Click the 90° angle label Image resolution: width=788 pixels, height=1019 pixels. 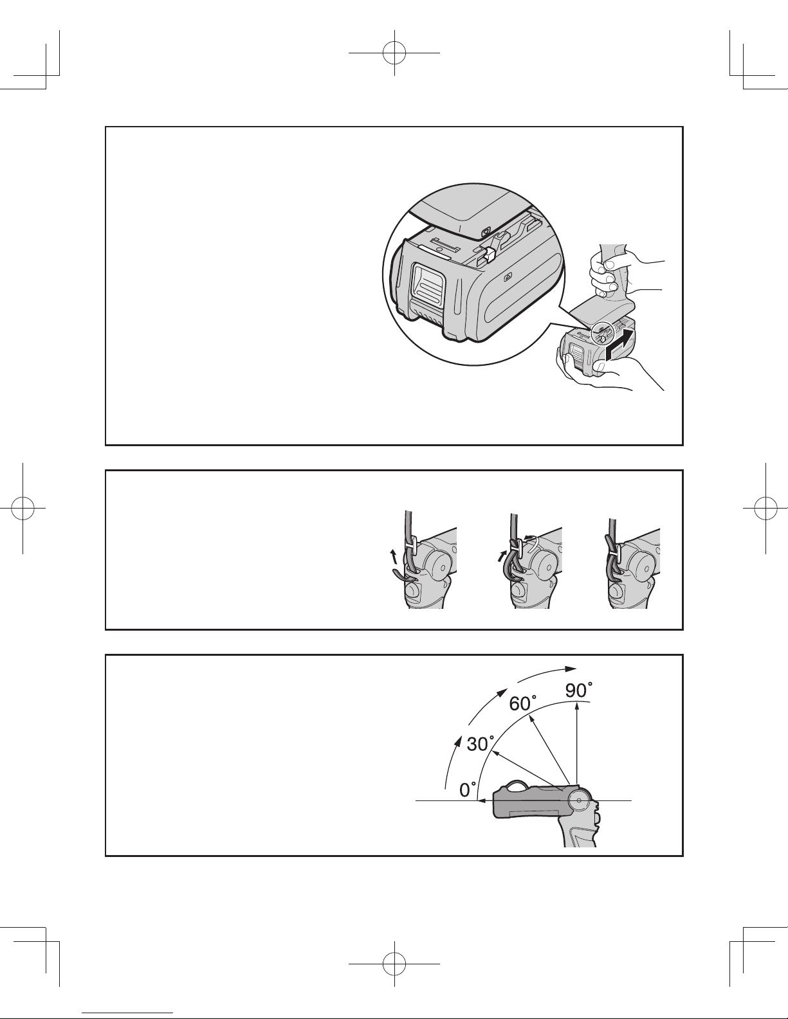coord(579,690)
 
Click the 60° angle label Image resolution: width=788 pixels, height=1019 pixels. coord(522,703)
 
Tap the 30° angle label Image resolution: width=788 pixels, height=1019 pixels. coord(481,744)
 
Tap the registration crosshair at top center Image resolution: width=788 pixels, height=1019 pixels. coord(394,53)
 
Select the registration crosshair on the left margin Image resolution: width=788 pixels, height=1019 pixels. coord(23,508)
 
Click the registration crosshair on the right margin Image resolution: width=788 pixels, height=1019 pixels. coord(765,508)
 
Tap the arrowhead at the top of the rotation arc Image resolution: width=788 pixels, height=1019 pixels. coord(571,669)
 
